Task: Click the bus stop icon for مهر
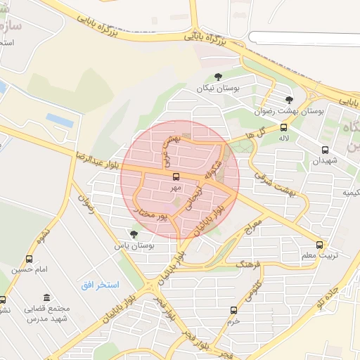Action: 176,176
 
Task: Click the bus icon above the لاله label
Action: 284,128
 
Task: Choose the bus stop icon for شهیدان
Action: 325,150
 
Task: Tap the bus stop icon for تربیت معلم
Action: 320,245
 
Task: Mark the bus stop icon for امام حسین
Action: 29,259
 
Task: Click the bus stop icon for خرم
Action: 233,309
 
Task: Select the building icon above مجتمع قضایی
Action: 47,298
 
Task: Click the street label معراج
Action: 252,226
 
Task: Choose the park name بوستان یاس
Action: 134,246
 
